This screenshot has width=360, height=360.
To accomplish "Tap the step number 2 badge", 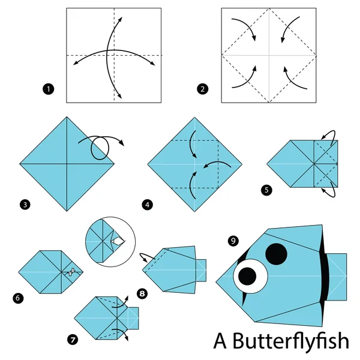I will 203,90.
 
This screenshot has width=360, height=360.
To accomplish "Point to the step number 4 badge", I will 147,205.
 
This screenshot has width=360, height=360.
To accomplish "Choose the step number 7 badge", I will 73,340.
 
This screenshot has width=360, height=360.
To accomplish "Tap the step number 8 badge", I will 142,295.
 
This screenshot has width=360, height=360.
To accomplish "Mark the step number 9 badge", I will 233,241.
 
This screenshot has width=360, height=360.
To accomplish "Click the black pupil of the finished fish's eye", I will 247,276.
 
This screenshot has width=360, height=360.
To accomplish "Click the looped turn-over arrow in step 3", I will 99,146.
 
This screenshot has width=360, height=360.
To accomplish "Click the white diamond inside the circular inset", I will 118,241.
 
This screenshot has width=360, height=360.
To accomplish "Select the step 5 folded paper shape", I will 303,162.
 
